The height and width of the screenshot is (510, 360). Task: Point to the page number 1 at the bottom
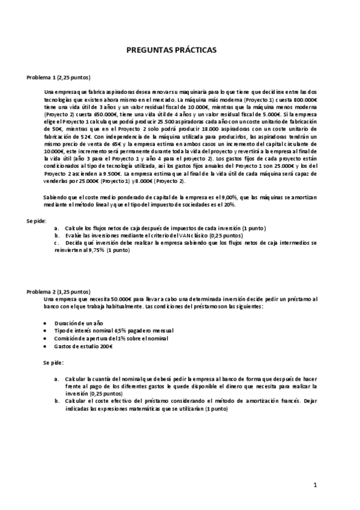pyautogui.click(x=315, y=485)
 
